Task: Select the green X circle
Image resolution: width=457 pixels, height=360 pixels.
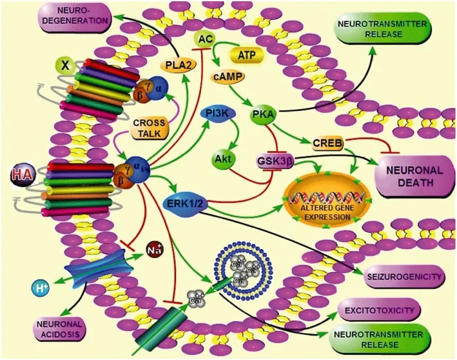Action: click(63, 65)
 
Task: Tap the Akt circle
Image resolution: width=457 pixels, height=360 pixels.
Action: click(221, 156)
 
